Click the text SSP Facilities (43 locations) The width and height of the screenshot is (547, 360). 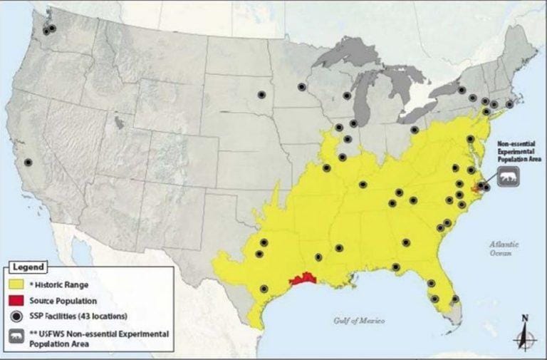coord(78,316)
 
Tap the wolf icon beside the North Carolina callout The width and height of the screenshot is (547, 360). coord(508,176)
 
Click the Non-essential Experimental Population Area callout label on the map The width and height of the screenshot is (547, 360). coord(508,152)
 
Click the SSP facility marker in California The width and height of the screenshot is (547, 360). coord(28,162)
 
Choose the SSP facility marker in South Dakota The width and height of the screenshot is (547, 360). coord(261,93)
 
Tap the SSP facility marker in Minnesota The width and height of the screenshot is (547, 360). coord(302,86)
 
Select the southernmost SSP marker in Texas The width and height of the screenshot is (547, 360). coord(264,289)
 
